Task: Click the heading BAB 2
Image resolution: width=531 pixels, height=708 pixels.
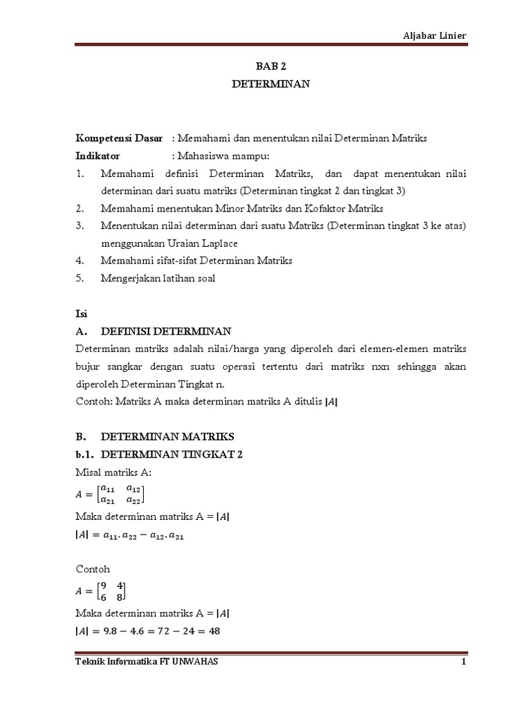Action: coord(265,67)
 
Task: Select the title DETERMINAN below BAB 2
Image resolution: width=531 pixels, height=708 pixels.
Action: coord(265,85)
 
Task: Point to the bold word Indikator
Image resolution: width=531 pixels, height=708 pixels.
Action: coord(97,156)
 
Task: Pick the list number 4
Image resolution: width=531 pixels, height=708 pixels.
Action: coord(80,261)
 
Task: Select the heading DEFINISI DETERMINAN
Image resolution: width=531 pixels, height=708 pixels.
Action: coord(167,330)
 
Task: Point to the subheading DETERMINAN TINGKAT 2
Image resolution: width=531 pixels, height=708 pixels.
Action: coord(172,454)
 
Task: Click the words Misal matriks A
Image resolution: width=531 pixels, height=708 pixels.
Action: coord(112,472)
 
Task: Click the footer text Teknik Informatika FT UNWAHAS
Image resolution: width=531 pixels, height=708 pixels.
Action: coord(146,662)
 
